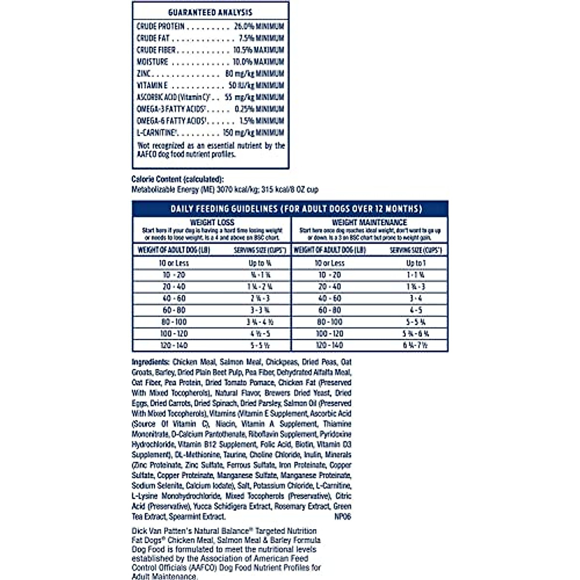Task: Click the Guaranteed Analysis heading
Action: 210,13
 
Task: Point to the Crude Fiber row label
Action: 156,50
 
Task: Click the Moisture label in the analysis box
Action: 152,62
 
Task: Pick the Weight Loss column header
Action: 212,222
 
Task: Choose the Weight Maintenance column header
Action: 369,222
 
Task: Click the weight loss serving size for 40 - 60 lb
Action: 260,299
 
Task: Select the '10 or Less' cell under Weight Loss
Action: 174,263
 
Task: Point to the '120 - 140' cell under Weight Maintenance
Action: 329,346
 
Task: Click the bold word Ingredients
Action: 150,362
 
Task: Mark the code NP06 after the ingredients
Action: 342,517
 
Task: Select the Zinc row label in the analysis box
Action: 144,73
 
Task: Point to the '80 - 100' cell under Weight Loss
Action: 174,322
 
